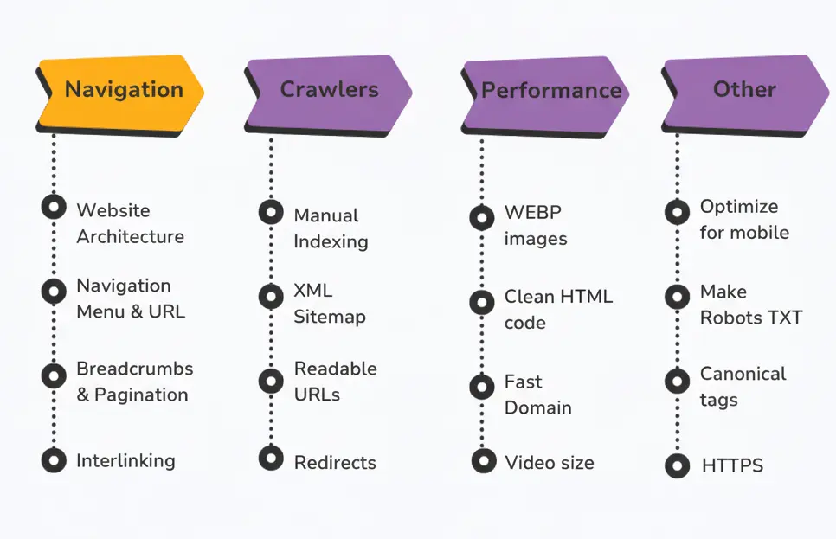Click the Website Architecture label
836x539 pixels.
tap(130, 223)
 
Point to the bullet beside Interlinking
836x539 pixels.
tap(54, 460)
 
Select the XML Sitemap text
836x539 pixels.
tap(329, 304)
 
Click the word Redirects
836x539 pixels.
tap(335, 463)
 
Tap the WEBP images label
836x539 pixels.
tap(536, 226)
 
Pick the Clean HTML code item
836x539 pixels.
tap(558, 310)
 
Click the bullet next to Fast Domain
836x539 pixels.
tap(482, 386)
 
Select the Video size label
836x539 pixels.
tap(550, 463)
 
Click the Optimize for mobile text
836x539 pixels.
tap(744, 220)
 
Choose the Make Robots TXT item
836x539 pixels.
tap(750, 305)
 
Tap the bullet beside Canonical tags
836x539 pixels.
tap(678, 381)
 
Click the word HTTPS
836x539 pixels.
tap(732, 466)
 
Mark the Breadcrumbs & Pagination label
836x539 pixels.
tap(134, 382)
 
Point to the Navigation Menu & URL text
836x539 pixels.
tap(130, 298)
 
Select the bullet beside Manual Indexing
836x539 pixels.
tap(271, 212)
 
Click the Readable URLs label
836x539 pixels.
tap(335, 382)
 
